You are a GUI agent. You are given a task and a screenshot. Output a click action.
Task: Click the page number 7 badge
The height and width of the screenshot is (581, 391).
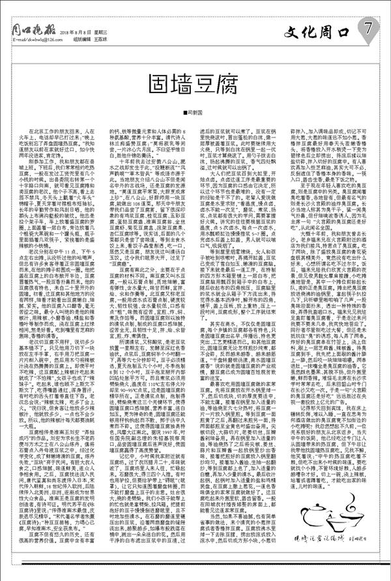[369, 28]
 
